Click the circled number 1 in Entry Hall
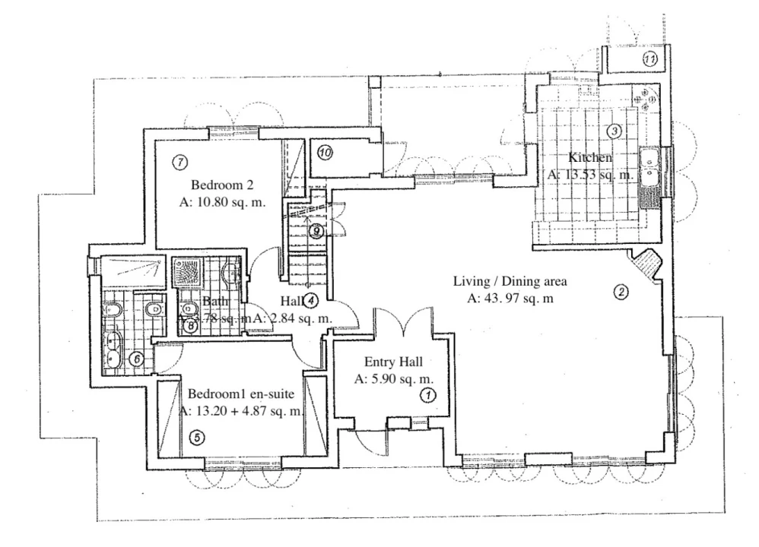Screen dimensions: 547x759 click(427, 395)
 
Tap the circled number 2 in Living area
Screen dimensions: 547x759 click(621, 291)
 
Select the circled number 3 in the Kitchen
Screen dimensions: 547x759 click(615, 131)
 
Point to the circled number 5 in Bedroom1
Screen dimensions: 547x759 click(195, 438)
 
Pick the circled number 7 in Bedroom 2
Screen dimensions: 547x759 click(180, 162)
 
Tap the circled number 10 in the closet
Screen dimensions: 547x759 click(326, 153)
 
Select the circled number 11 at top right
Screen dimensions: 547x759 click(649, 58)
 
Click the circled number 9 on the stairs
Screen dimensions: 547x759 click(317, 232)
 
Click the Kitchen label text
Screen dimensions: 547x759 click(590, 158)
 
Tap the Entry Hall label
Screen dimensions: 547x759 click(393, 362)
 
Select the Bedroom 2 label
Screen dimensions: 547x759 click(222, 185)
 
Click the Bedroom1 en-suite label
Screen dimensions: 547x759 click(240, 394)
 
